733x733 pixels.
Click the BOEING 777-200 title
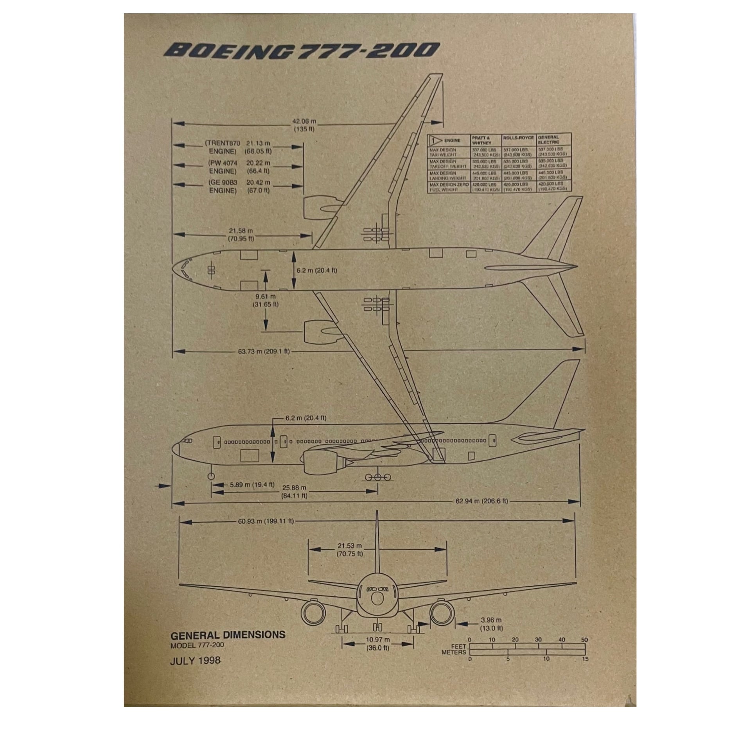pyautogui.click(x=302, y=50)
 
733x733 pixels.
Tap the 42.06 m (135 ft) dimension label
pyautogui.click(x=304, y=125)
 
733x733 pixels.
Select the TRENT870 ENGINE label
pyautogui.click(x=222, y=147)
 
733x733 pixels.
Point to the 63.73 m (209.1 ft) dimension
pyautogui.click(x=264, y=351)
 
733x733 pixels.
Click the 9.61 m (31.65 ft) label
pyautogui.click(x=266, y=300)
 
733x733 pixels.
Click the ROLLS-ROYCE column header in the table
pyautogui.click(x=518, y=138)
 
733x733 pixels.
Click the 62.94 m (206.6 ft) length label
pyautogui.click(x=481, y=501)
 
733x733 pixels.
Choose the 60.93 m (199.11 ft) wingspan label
pyautogui.click(x=266, y=521)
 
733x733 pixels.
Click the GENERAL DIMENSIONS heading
pyautogui.click(x=228, y=634)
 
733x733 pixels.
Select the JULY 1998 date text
pyautogui.click(x=195, y=661)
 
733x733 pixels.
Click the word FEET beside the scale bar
pyautogui.click(x=458, y=646)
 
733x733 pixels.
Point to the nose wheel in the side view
pyautogui.click(x=211, y=476)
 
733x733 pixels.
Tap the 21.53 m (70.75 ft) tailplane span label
pyautogui.click(x=350, y=550)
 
